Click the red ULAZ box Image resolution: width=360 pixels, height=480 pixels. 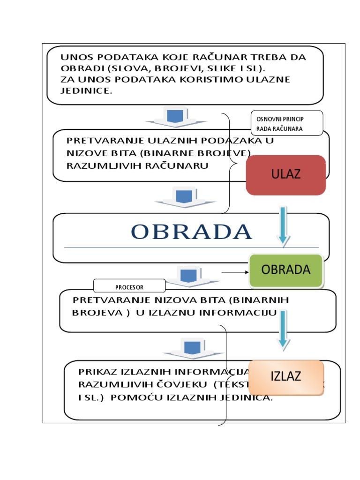pos(285,175)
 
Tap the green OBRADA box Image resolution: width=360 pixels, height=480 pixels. pos(285,270)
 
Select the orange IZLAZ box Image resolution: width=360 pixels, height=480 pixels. pos(285,376)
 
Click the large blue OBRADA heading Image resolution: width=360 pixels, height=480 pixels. pos(191,232)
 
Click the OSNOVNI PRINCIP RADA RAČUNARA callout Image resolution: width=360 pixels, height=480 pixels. pos(286,123)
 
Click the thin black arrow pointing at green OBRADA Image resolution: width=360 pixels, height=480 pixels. pos(234,272)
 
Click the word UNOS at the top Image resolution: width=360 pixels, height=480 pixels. pos(75,58)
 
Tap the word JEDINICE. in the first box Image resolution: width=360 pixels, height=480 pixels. pos(87,90)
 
